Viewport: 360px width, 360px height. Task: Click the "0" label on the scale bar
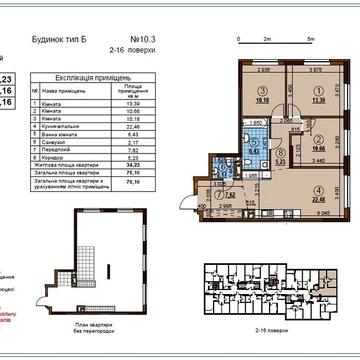241,38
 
